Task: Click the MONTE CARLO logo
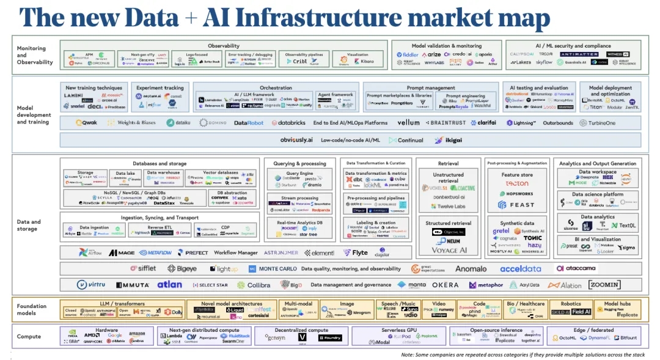(273, 269)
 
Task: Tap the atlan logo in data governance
(169, 284)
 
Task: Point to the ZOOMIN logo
(604, 284)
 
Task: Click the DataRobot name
(248, 123)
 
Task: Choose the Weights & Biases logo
(132, 123)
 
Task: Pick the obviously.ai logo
(297, 140)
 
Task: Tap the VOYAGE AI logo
(449, 250)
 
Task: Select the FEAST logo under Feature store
(518, 205)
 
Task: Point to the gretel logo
(501, 231)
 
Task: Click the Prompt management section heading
(431, 88)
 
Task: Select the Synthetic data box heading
(517, 223)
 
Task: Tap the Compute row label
(29, 336)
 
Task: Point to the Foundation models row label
(31, 309)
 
